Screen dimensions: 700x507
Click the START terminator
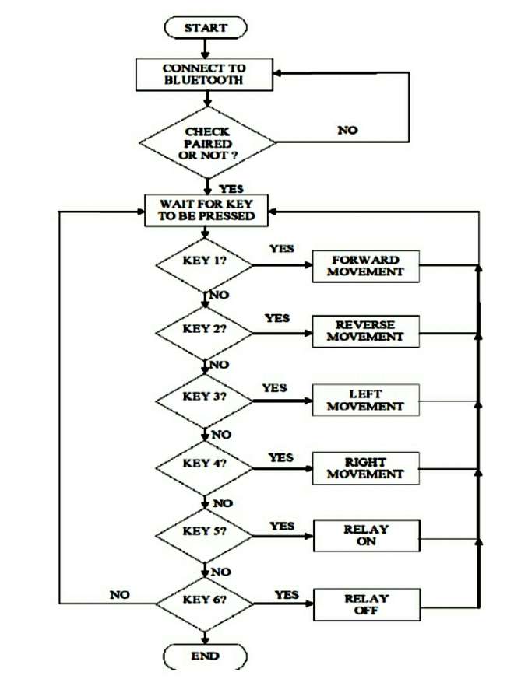[206, 28]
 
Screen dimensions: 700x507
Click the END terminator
[206, 656]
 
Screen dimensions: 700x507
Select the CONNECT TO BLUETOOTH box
[203, 74]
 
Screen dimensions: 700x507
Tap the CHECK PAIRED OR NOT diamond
[207, 143]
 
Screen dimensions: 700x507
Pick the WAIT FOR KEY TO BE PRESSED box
[206, 210]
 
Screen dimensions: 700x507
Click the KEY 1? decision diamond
[205, 261]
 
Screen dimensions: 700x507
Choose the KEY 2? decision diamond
[205, 329]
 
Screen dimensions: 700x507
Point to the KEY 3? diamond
[205, 397]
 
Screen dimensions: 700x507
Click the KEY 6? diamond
[205, 601]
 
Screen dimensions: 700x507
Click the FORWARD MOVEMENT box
[365, 266]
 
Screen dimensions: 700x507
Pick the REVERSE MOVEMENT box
[365, 331]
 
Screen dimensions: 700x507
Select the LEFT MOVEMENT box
[365, 400]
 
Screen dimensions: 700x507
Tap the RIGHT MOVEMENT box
[365, 467]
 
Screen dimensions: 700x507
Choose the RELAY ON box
[365, 535]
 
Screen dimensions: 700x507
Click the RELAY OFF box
[365, 604]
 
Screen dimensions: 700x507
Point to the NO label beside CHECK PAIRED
[347, 130]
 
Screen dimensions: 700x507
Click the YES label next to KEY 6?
[287, 595]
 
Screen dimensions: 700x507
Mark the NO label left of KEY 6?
[119, 595]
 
